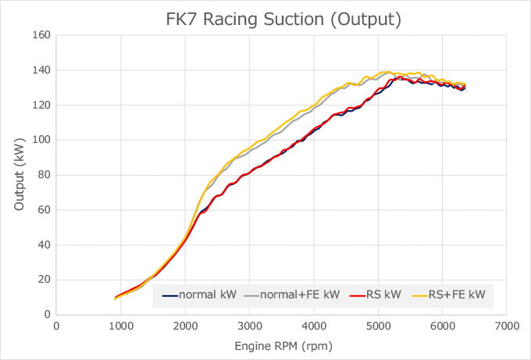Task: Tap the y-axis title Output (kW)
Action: click(20, 175)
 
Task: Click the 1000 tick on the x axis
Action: click(120, 325)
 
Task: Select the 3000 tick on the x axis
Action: click(249, 325)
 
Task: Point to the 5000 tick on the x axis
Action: click(378, 325)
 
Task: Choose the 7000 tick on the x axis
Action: click(507, 325)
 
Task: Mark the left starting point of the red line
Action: click(115, 298)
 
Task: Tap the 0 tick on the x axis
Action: click(56, 325)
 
